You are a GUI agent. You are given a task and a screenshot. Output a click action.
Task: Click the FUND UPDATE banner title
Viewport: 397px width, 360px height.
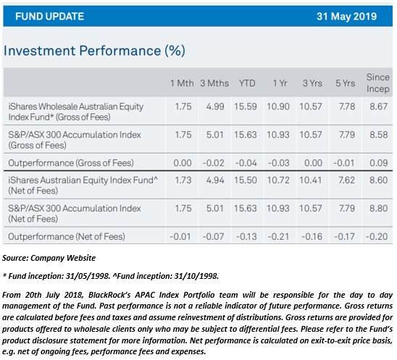pyautogui.click(x=49, y=17)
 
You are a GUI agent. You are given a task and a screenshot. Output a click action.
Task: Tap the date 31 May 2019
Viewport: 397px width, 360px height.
pyautogui.click(x=346, y=17)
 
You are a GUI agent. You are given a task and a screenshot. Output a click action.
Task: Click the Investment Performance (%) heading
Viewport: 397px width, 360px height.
pyautogui.click(x=94, y=51)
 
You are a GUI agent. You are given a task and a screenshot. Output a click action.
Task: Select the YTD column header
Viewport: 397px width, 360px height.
pyautogui.click(x=247, y=83)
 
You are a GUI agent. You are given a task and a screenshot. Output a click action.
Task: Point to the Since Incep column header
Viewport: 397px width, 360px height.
pyautogui.click(x=377, y=83)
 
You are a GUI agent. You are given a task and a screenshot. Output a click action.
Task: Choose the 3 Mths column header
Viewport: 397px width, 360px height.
pyautogui.click(x=214, y=83)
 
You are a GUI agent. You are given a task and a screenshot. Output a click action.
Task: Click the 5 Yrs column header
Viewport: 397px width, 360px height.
pyautogui.click(x=346, y=83)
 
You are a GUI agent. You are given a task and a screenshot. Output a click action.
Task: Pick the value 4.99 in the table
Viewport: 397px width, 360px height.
pyautogui.click(x=215, y=106)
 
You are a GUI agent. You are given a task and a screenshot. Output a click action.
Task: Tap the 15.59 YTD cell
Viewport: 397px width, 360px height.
pyautogui.click(x=246, y=106)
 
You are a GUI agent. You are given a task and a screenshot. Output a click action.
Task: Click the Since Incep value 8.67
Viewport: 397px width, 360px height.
pyautogui.click(x=378, y=106)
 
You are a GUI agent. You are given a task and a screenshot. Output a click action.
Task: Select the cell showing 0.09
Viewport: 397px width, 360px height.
pyautogui.click(x=378, y=163)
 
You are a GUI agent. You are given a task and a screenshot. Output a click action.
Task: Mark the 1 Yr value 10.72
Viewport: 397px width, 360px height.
pyautogui.click(x=278, y=180)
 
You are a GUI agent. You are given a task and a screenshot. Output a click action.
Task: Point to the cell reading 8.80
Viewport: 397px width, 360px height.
pyautogui.click(x=378, y=209)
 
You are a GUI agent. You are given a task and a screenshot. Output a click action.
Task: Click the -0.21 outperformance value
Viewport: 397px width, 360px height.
pyautogui.click(x=278, y=237)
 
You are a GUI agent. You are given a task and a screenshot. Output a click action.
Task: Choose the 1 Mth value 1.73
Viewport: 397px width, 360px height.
pyautogui.click(x=183, y=180)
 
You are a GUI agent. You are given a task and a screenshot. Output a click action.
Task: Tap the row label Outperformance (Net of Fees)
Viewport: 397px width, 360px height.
pyautogui.click(x=67, y=237)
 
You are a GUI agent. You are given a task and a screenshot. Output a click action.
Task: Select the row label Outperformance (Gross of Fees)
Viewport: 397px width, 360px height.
pyautogui.click(x=71, y=163)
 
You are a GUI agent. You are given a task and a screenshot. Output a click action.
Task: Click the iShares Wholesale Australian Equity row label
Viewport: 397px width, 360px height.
pyautogui.click(x=75, y=112)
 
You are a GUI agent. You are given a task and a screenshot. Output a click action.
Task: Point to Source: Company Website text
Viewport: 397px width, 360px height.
pyautogui.click(x=49, y=258)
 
